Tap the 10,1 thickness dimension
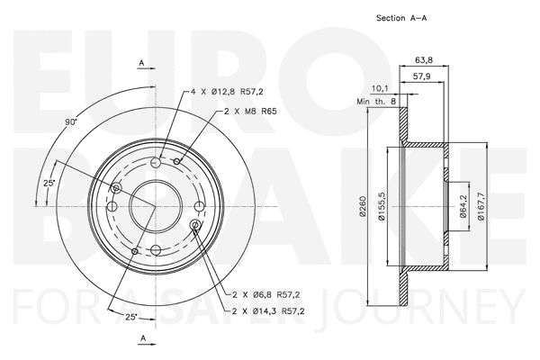click(378, 88)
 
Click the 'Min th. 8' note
click(376, 103)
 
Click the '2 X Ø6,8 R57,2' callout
click(264, 293)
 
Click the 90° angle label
click(71, 121)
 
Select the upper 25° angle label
click(49, 184)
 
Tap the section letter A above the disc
click(142, 61)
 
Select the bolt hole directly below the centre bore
click(155, 248)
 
